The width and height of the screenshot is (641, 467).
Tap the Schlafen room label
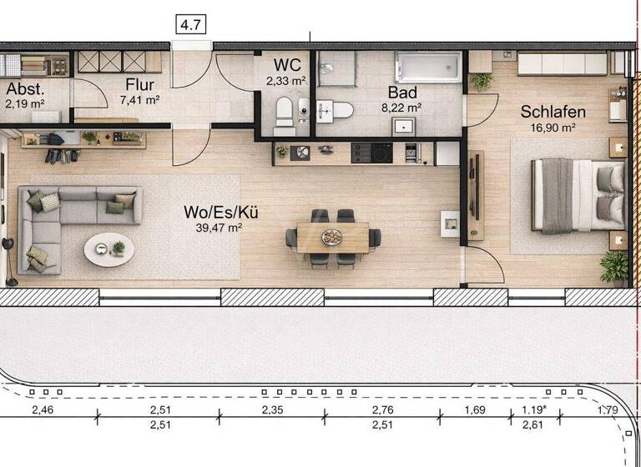coord(553,112)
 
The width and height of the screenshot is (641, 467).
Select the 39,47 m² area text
coord(220,227)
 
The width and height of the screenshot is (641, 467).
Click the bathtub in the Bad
coord(428,67)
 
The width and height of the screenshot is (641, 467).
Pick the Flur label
coord(140,84)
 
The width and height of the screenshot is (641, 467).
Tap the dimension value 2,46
coord(48,410)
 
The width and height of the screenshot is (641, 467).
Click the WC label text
coord(287,65)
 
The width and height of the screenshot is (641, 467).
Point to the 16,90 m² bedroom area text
coord(552,128)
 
